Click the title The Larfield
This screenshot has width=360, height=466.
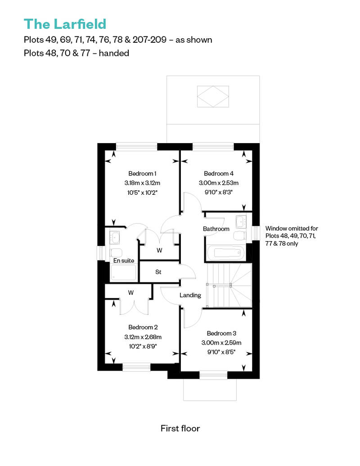point(65,24)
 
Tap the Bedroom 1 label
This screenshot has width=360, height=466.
point(142,173)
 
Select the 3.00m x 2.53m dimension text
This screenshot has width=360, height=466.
point(219,183)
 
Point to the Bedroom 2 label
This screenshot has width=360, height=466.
point(143,327)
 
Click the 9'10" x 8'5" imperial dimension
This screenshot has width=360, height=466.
point(221,352)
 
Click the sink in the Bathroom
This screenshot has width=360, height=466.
point(240,221)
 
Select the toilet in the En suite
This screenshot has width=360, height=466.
point(116,253)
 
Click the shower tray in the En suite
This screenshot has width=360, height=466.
point(123,273)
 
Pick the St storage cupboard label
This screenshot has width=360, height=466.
point(158,272)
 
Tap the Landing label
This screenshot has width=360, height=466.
point(190,295)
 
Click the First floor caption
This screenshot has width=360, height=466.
point(180,428)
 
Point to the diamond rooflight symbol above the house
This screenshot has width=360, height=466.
point(213,97)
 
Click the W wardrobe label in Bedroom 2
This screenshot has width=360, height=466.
point(131,293)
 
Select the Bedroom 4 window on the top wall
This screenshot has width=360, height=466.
point(213,147)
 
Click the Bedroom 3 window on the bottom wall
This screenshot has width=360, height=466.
point(213,375)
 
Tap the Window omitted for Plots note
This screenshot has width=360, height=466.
point(292,236)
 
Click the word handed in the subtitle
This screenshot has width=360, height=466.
point(114,53)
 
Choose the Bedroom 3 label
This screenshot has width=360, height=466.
point(221,333)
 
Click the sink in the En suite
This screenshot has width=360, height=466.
point(115,237)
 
